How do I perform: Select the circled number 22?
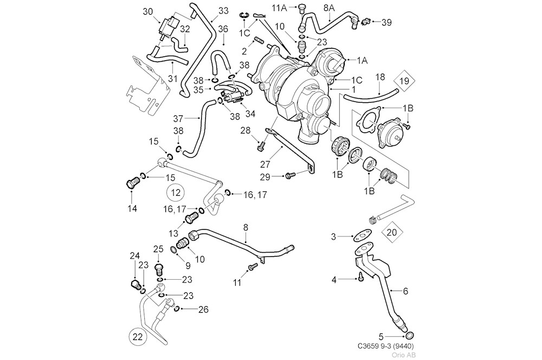pyautogui.click(x=138, y=337)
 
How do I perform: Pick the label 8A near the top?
pyautogui.click(x=329, y=8)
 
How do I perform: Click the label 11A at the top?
pyautogui.click(x=280, y=7)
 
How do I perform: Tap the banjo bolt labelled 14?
pyautogui.click(x=132, y=183)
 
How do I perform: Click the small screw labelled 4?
pyautogui.click(x=360, y=278)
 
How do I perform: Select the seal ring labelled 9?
pyautogui.click(x=173, y=249)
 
